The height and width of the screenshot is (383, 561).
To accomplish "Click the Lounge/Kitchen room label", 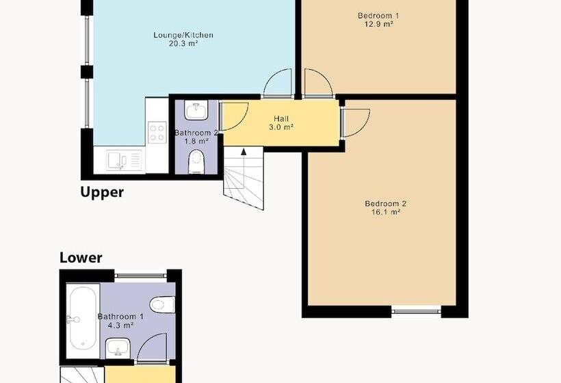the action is click(x=183, y=35).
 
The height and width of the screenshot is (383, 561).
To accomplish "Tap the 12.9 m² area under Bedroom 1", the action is click(x=378, y=25).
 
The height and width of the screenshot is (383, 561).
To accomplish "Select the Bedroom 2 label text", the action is click(x=386, y=204).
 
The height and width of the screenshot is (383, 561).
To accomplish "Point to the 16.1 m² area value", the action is click(x=386, y=213).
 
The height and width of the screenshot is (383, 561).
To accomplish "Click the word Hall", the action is click(x=281, y=119).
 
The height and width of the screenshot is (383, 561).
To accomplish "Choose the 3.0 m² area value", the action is click(x=281, y=127).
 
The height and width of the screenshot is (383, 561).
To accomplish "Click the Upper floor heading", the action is click(x=102, y=192).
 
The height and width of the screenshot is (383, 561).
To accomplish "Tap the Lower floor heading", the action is click(x=81, y=257).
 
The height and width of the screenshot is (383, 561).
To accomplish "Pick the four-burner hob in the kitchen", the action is click(x=157, y=132).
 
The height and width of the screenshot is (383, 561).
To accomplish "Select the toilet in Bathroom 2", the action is click(x=196, y=161).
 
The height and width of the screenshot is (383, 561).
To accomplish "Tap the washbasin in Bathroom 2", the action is click(x=196, y=110).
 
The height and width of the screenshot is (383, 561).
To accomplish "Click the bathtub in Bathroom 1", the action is click(x=83, y=319).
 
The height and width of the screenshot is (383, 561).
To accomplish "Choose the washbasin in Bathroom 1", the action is click(x=118, y=347).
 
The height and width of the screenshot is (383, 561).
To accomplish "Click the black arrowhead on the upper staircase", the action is click(x=244, y=152).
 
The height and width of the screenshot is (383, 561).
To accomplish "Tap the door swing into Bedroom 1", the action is click(x=318, y=83).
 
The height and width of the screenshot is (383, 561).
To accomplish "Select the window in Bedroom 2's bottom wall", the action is click(x=416, y=311).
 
